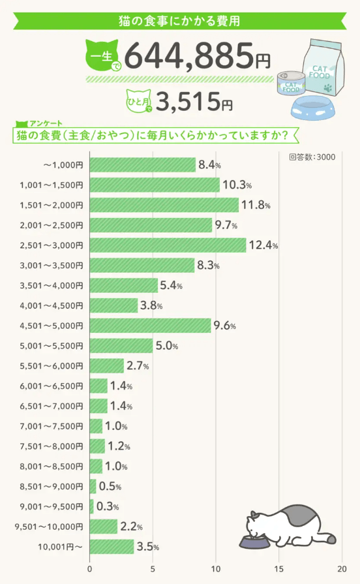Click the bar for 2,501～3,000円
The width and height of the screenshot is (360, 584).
click(168, 245)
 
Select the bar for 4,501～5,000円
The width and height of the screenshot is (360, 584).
click(150, 326)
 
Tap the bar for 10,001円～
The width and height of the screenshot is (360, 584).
click(112, 546)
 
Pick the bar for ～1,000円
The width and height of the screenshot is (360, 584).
click(142, 165)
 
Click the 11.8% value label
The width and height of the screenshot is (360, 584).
click(256, 206)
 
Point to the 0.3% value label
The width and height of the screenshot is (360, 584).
click(108, 506)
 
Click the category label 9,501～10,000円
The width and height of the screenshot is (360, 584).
click(49, 527)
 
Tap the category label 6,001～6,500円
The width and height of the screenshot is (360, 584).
click(52, 386)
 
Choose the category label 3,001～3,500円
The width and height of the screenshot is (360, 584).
click(52, 266)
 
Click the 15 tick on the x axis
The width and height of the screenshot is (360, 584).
click(279, 568)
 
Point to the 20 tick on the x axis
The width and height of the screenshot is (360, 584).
click(342, 568)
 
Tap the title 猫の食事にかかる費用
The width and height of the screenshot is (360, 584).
click(179, 21)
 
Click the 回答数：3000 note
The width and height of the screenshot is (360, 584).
click(312, 157)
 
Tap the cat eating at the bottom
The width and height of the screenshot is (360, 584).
click(290, 525)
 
